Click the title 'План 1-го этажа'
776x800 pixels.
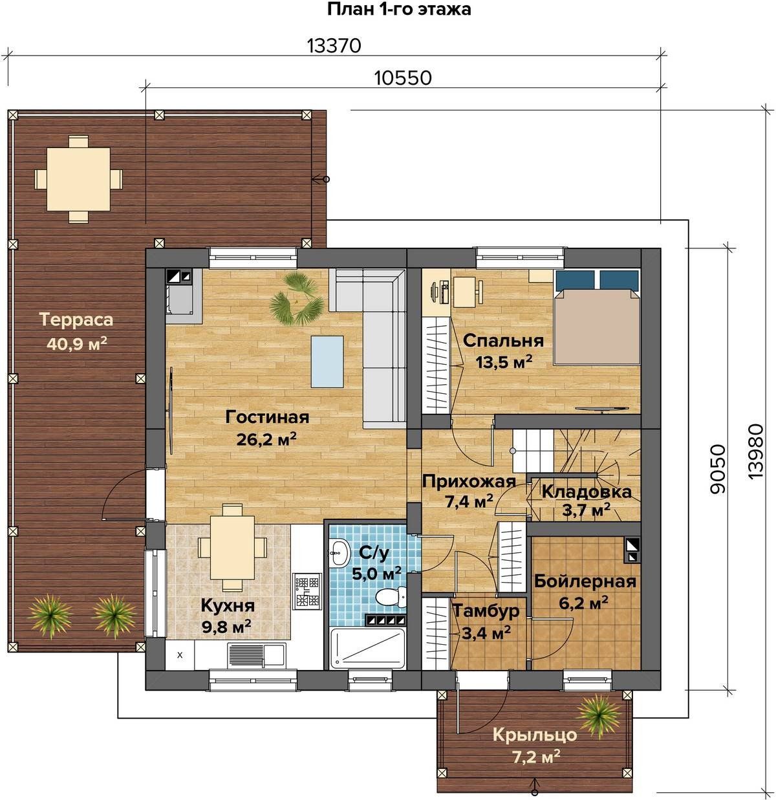point(399,9)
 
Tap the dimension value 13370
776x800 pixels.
point(334,46)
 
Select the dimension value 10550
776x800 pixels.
point(404,78)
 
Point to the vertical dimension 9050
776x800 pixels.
point(718,468)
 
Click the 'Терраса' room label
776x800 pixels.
point(76,320)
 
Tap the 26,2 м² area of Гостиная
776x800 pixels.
point(266,440)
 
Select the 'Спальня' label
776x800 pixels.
point(504,340)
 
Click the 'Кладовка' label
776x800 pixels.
point(587,492)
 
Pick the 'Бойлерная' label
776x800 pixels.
point(585,581)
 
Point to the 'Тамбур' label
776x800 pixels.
point(486,611)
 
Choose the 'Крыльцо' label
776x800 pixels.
point(535,735)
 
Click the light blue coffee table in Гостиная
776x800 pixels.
point(327,362)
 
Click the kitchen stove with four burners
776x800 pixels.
point(307,592)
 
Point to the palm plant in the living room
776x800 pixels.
point(296,298)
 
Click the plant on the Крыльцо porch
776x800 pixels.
point(598,715)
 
